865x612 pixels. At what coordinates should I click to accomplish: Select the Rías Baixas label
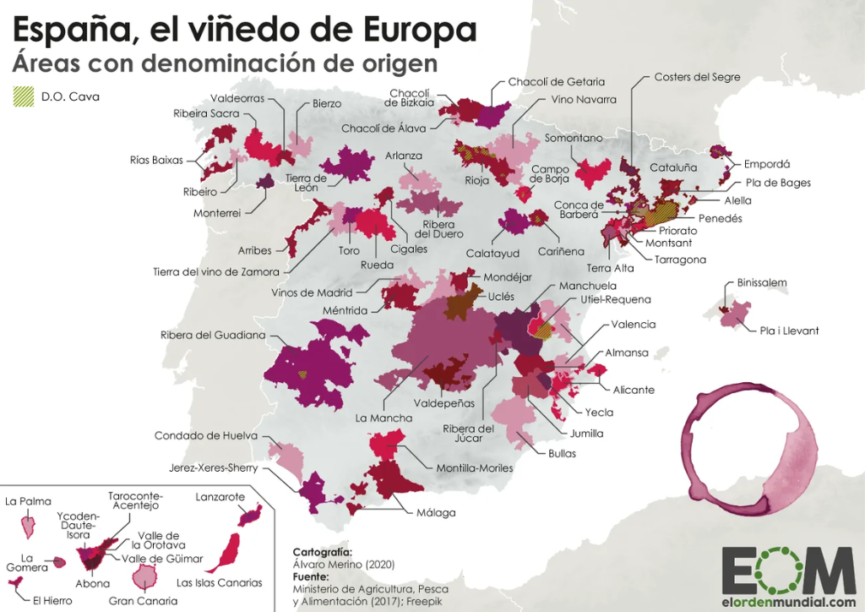pos(156,160)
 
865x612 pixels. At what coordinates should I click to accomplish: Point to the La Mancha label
pos(384,418)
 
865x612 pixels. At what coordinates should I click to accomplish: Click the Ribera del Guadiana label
pos(213,336)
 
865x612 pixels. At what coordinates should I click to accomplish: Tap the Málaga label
pos(436,512)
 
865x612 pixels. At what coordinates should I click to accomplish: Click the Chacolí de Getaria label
pos(556,82)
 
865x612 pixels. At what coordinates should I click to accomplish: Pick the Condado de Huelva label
pos(205,436)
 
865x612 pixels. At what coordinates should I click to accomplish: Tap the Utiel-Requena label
pos(615,300)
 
